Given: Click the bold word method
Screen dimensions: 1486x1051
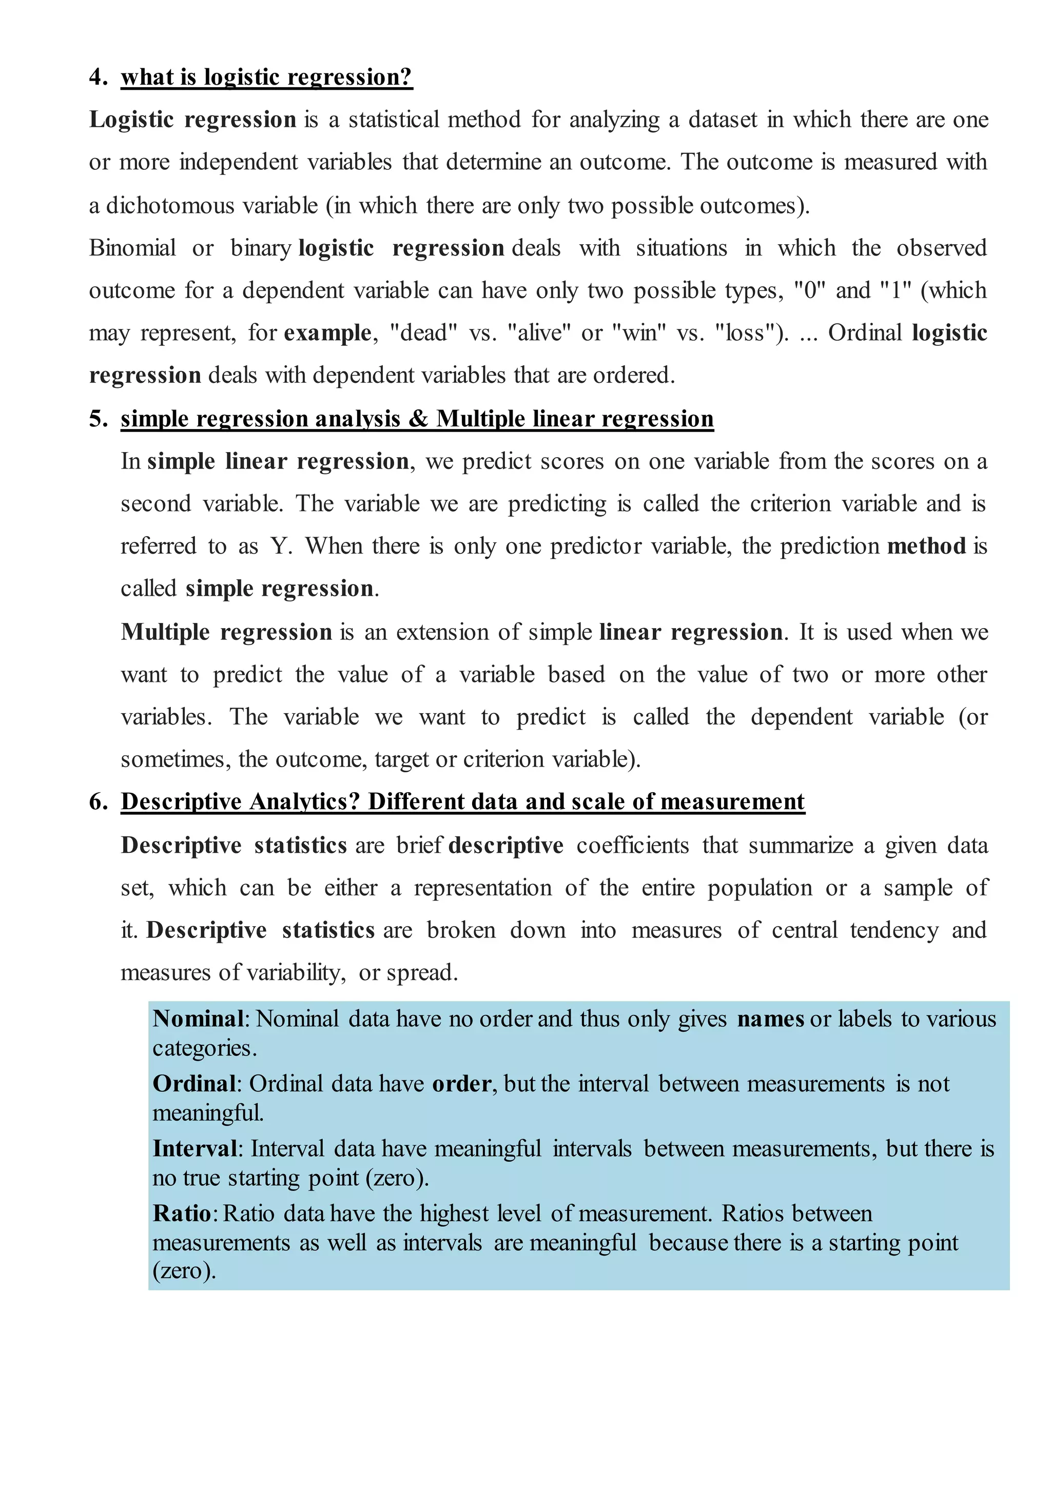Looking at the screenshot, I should [x=926, y=546].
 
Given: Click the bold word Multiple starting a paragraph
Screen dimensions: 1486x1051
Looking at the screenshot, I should [x=165, y=632].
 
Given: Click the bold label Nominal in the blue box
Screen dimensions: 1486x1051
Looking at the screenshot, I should [x=198, y=1019].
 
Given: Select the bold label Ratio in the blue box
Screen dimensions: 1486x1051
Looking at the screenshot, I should [x=182, y=1213].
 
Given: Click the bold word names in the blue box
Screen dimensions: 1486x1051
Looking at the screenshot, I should [x=770, y=1019].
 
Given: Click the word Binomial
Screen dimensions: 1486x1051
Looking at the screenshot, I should [x=133, y=248].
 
